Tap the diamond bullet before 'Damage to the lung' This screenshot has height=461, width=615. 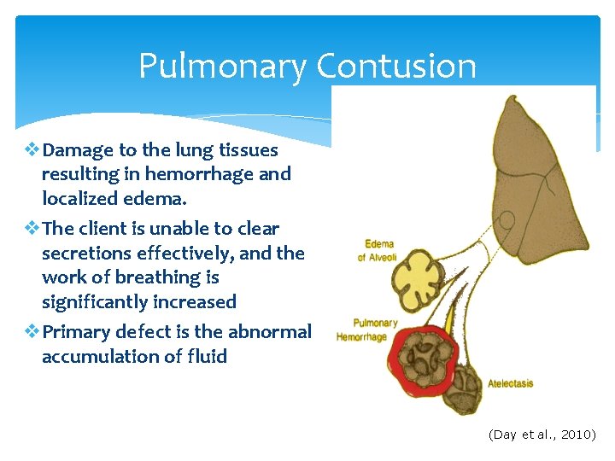tap(32, 150)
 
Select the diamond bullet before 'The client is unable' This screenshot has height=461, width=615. tap(32, 229)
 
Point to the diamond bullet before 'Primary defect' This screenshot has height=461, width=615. tap(32, 332)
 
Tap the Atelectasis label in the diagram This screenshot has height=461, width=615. tap(510, 383)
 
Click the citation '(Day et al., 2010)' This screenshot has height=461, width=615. tap(542, 435)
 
